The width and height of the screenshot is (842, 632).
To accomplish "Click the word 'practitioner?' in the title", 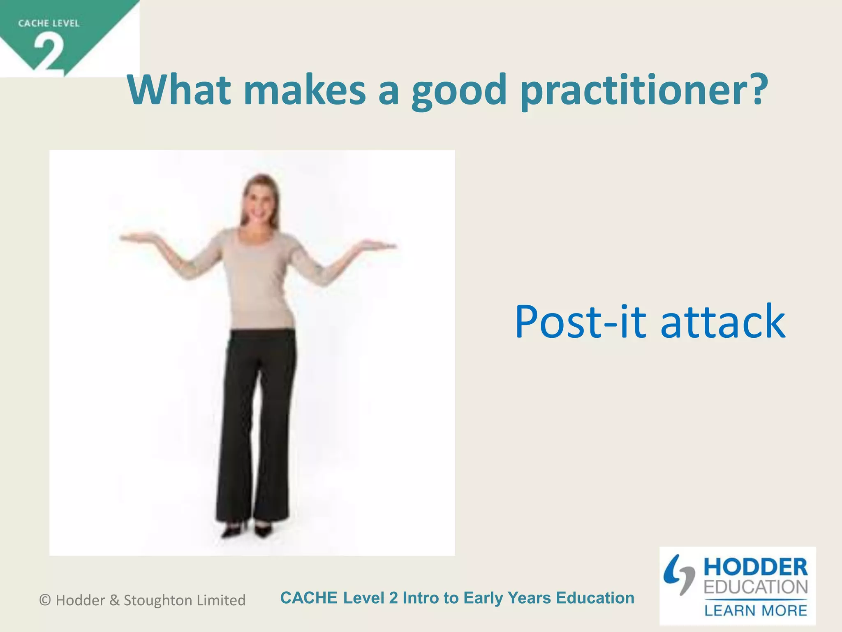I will [x=643, y=91].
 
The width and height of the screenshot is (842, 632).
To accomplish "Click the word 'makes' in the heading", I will [x=304, y=90].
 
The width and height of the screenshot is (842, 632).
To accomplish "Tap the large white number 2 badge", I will [x=49, y=53].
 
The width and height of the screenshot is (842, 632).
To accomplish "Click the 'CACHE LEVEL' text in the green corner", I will [x=49, y=23].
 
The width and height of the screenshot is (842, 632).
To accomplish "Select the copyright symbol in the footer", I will [x=45, y=600].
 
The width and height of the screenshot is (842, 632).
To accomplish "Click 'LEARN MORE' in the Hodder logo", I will [x=755, y=610].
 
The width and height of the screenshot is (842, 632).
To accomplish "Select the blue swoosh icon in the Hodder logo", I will [x=678, y=574].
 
